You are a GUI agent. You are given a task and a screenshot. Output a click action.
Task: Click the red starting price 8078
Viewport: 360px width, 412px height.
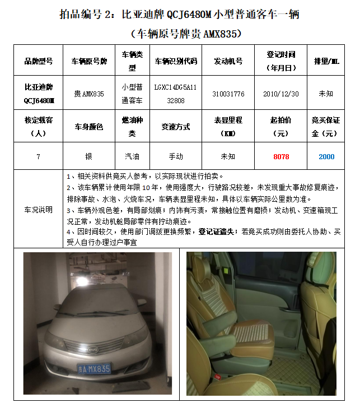(281, 156)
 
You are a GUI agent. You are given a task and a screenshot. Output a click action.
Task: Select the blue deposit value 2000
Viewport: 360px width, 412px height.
(326, 156)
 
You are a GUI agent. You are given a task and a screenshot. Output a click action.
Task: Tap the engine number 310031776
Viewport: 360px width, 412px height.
(228, 94)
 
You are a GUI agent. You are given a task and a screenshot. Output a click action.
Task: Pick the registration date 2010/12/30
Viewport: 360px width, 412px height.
(281, 94)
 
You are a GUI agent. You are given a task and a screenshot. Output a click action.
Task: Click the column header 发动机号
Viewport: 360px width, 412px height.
(228, 61)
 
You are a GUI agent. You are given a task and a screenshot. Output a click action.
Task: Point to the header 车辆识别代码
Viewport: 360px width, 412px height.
(176, 61)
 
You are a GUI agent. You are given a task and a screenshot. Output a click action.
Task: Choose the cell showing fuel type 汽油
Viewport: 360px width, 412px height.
(132, 156)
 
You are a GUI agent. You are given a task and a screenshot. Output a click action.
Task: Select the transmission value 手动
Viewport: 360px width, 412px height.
(176, 156)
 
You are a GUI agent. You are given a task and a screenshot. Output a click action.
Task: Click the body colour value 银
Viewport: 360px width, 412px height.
(89, 156)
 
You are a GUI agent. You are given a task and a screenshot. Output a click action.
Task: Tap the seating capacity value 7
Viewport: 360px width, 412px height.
(38, 157)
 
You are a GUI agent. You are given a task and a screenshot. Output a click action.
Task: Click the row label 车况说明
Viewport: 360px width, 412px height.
(38, 210)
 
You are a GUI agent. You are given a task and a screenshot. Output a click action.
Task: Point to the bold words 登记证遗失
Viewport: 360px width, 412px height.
(216, 232)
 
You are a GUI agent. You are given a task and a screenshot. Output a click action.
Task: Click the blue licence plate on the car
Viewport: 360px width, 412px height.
(94, 369)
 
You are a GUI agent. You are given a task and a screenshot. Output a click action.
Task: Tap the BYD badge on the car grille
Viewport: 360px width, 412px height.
(92, 350)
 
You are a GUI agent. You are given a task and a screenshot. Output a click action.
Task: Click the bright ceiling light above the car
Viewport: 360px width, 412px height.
(82, 281)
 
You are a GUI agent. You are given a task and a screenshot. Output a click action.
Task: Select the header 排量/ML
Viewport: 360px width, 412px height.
(326, 61)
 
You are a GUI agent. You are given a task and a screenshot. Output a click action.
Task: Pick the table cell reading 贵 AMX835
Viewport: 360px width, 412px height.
(89, 94)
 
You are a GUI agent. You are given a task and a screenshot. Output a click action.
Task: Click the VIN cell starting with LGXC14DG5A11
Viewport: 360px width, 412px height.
(176, 94)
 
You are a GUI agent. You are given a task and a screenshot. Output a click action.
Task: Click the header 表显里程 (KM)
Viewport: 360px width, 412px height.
(228, 127)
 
